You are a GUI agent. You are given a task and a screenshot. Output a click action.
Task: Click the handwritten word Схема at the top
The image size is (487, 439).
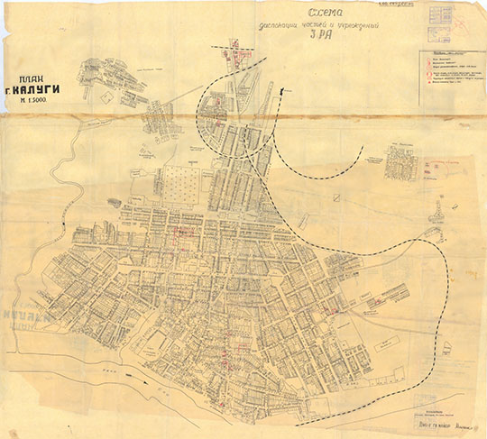pyautogui.click(x=323, y=13)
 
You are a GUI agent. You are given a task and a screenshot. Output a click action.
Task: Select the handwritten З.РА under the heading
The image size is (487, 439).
pyautogui.click(x=317, y=37)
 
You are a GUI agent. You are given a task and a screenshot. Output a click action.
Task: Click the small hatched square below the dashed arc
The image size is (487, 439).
pyautogui.click(x=333, y=197)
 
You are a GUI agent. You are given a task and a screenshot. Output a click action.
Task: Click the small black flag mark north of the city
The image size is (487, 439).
pyautogui.click(x=286, y=89)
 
